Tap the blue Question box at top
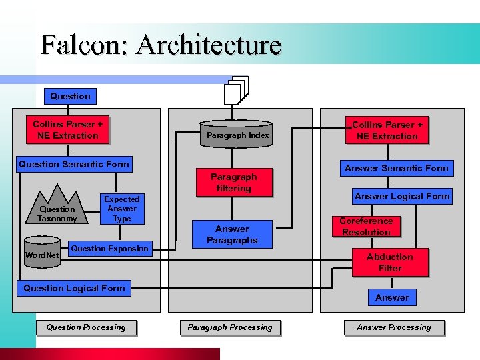pyautogui.click(x=70, y=96)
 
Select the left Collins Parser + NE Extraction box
pyautogui.click(x=68, y=130)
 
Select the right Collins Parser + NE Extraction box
pyautogui.click(x=387, y=131)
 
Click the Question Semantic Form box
pyautogui.click(x=74, y=164)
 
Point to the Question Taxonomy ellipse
pyautogui.click(x=57, y=214)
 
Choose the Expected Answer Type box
pyautogui.click(x=121, y=209)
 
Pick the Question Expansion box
pyautogui.click(x=110, y=249)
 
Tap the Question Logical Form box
pyautogui.click(x=74, y=288)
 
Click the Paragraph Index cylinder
pyautogui.click(x=238, y=134)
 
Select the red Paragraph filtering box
pyautogui.click(x=233, y=183)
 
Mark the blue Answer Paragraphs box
pyautogui.click(x=232, y=234)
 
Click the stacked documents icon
pyautogui.click(x=236, y=91)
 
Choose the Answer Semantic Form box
pyautogui.click(x=397, y=168)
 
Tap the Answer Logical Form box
pyautogui.click(x=402, y=196)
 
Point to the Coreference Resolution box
pyautogui.click(x=366, y=227)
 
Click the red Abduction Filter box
pyautogui.click(x=390, y=262)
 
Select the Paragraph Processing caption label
pyautogui.click(x=230, y=327)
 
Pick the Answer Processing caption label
pyautogui.click(x=394, y=327)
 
